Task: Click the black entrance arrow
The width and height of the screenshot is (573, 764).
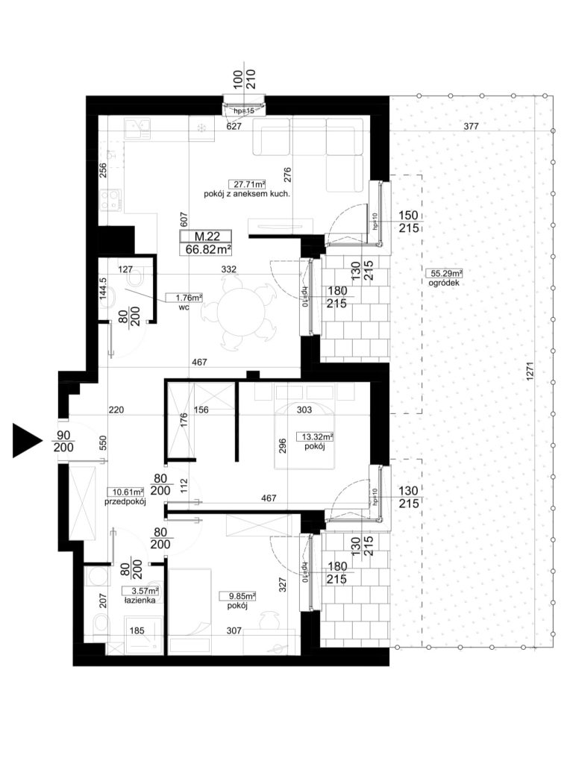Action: (25, 440)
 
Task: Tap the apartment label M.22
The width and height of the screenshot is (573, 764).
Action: (207, 237)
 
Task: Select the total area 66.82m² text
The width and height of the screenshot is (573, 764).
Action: (208, 250)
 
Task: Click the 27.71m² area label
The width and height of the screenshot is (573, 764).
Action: (247, 184)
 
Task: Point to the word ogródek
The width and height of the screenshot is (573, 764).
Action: (443, 283)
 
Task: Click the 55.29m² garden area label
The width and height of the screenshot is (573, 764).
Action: (444, 273)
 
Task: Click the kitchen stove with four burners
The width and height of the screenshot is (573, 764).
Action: (110, 200)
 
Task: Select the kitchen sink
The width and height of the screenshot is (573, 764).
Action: (137, 129)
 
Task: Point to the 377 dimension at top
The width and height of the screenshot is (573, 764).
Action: (471, 126)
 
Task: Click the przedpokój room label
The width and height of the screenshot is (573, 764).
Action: (125, 501)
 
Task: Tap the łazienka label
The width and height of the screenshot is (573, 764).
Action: (140, 601)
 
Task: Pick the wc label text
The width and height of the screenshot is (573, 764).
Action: (184, 307)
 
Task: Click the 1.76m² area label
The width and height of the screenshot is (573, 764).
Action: (184, 297)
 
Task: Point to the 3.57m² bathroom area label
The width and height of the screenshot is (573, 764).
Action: (141, 591)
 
